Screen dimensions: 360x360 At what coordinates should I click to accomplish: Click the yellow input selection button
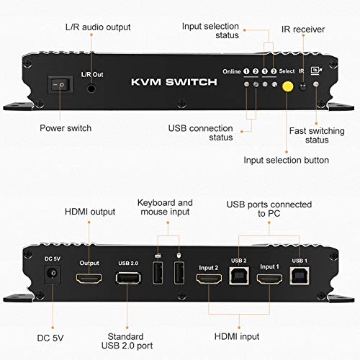tap(287, 86)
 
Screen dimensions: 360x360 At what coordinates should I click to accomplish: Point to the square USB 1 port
tap(297, 274)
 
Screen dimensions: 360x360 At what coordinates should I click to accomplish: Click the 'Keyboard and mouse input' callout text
tap(164, 207)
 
